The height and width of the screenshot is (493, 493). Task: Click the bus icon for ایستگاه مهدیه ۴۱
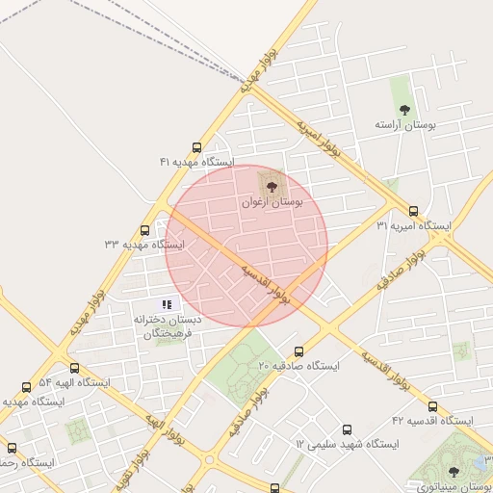(x=197, y=148)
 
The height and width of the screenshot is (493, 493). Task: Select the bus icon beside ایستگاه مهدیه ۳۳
(x=145, y=230)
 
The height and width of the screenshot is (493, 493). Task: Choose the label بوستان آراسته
(x=405, y=126)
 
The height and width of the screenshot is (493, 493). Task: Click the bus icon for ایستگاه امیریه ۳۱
(x=414, y=211)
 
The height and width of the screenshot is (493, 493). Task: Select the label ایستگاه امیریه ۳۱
(x=413, y=225)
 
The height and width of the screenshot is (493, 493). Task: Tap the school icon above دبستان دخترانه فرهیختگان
(x=167, y=304)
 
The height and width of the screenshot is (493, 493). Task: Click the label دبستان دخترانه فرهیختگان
(x=169, y=326)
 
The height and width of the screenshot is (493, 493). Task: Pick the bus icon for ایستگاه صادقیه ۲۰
(x=298, y=351)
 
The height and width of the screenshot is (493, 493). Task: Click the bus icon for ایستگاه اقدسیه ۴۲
(x=432, y=406)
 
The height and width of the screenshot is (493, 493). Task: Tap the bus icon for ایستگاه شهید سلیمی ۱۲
(x=347, y=429)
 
